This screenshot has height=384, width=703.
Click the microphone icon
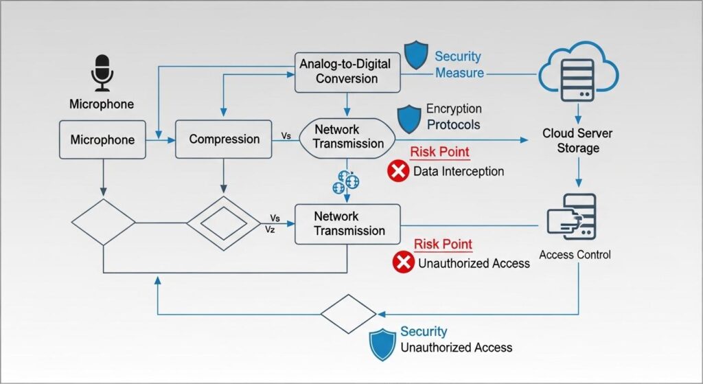coord(102,74)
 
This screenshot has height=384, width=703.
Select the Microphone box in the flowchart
coord(102,140)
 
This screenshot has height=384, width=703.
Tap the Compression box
coord(224,139)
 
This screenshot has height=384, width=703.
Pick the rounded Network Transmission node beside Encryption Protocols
coord(348,137)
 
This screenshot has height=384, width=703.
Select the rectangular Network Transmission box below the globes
coord(348,223)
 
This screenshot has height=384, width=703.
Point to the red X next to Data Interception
coord(398,172)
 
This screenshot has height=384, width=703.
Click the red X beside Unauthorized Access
coord(403,262)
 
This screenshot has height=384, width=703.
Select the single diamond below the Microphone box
coord(103,223)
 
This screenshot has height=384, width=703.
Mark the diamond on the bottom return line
coord(349,314)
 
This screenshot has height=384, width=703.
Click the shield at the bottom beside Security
coord(382,344)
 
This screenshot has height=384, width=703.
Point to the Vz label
coord(270,230)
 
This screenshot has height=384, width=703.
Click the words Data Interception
coord(458,172)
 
